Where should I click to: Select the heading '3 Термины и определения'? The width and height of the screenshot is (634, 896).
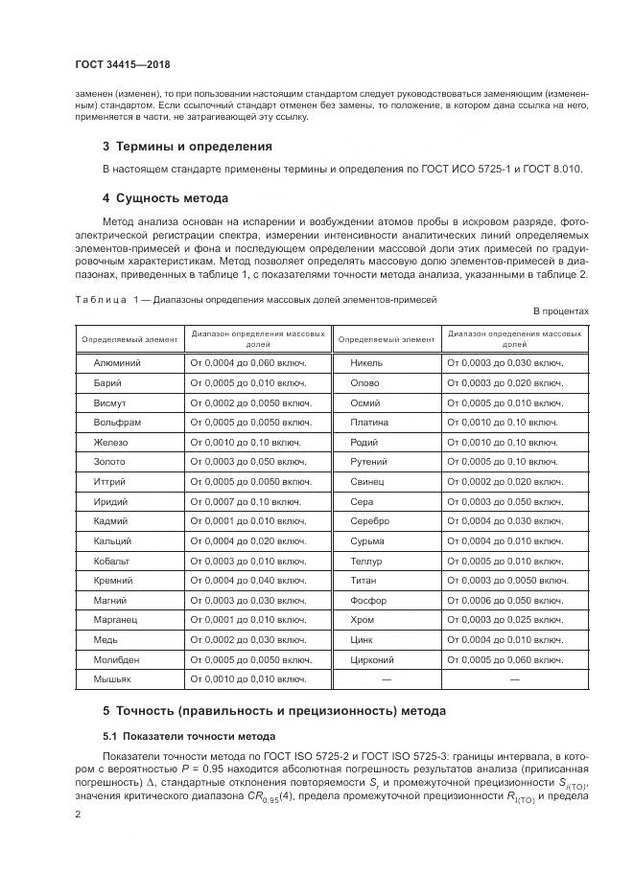(x=186, y=147)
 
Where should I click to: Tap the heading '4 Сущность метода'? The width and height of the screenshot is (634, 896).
(x=165, y=198)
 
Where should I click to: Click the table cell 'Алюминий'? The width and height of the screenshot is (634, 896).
(x=116, y=363)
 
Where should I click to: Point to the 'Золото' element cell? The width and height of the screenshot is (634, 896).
(x=109, y=461)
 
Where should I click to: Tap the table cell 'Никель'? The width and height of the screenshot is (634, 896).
(x=367, y=363)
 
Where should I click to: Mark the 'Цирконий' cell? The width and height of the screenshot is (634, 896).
(x=374, y=659)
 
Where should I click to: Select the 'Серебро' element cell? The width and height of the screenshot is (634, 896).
(x=370, y=520)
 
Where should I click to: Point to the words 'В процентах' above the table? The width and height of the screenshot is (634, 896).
(x=560, y=311)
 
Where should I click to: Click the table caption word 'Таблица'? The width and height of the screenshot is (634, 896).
(x=101, y=299)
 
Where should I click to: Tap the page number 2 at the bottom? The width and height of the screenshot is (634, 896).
(x=79, y=814)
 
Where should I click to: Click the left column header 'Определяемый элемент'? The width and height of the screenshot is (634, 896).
(x=129, y=339)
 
